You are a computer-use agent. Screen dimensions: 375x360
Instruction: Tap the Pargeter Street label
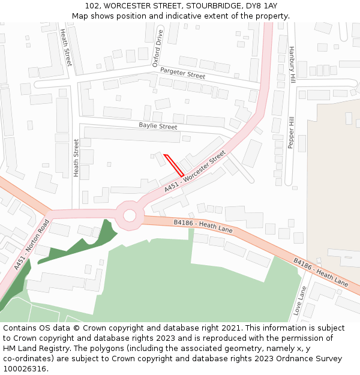click(182, 73)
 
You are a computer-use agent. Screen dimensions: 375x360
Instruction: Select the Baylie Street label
click(158, 127)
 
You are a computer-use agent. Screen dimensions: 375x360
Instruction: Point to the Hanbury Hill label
click(292, 64)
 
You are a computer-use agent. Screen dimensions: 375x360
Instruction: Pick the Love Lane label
click(300, 300)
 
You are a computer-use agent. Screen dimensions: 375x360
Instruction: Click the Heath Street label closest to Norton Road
click(76, 158)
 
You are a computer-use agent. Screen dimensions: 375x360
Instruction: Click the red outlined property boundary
click(173, 165)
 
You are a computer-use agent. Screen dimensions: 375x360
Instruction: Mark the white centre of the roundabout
click(130, 215)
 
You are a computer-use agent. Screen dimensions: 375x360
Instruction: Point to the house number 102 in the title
click(93, 6)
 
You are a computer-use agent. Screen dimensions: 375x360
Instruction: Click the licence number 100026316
click(26, 368)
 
